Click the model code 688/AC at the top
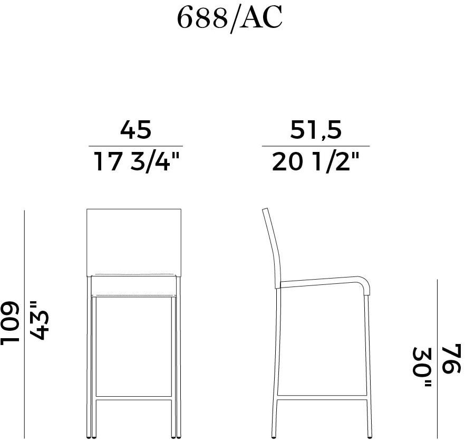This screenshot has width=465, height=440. (x=229, y=18)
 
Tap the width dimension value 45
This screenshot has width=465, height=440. (x=135, y=130)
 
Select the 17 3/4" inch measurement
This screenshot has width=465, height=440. (x=137, y=161)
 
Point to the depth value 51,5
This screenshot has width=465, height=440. (x=315, y=130)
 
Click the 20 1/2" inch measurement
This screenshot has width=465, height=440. (x=315, y=161)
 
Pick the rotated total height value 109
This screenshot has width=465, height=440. (x=10, y=324)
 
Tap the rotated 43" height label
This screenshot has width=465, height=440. (x=38, y=321)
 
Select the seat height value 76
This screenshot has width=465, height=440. (x=452, y=359)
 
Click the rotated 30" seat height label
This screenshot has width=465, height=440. (x=421, y=367)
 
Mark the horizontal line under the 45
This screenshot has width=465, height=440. (x=135, y=146)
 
